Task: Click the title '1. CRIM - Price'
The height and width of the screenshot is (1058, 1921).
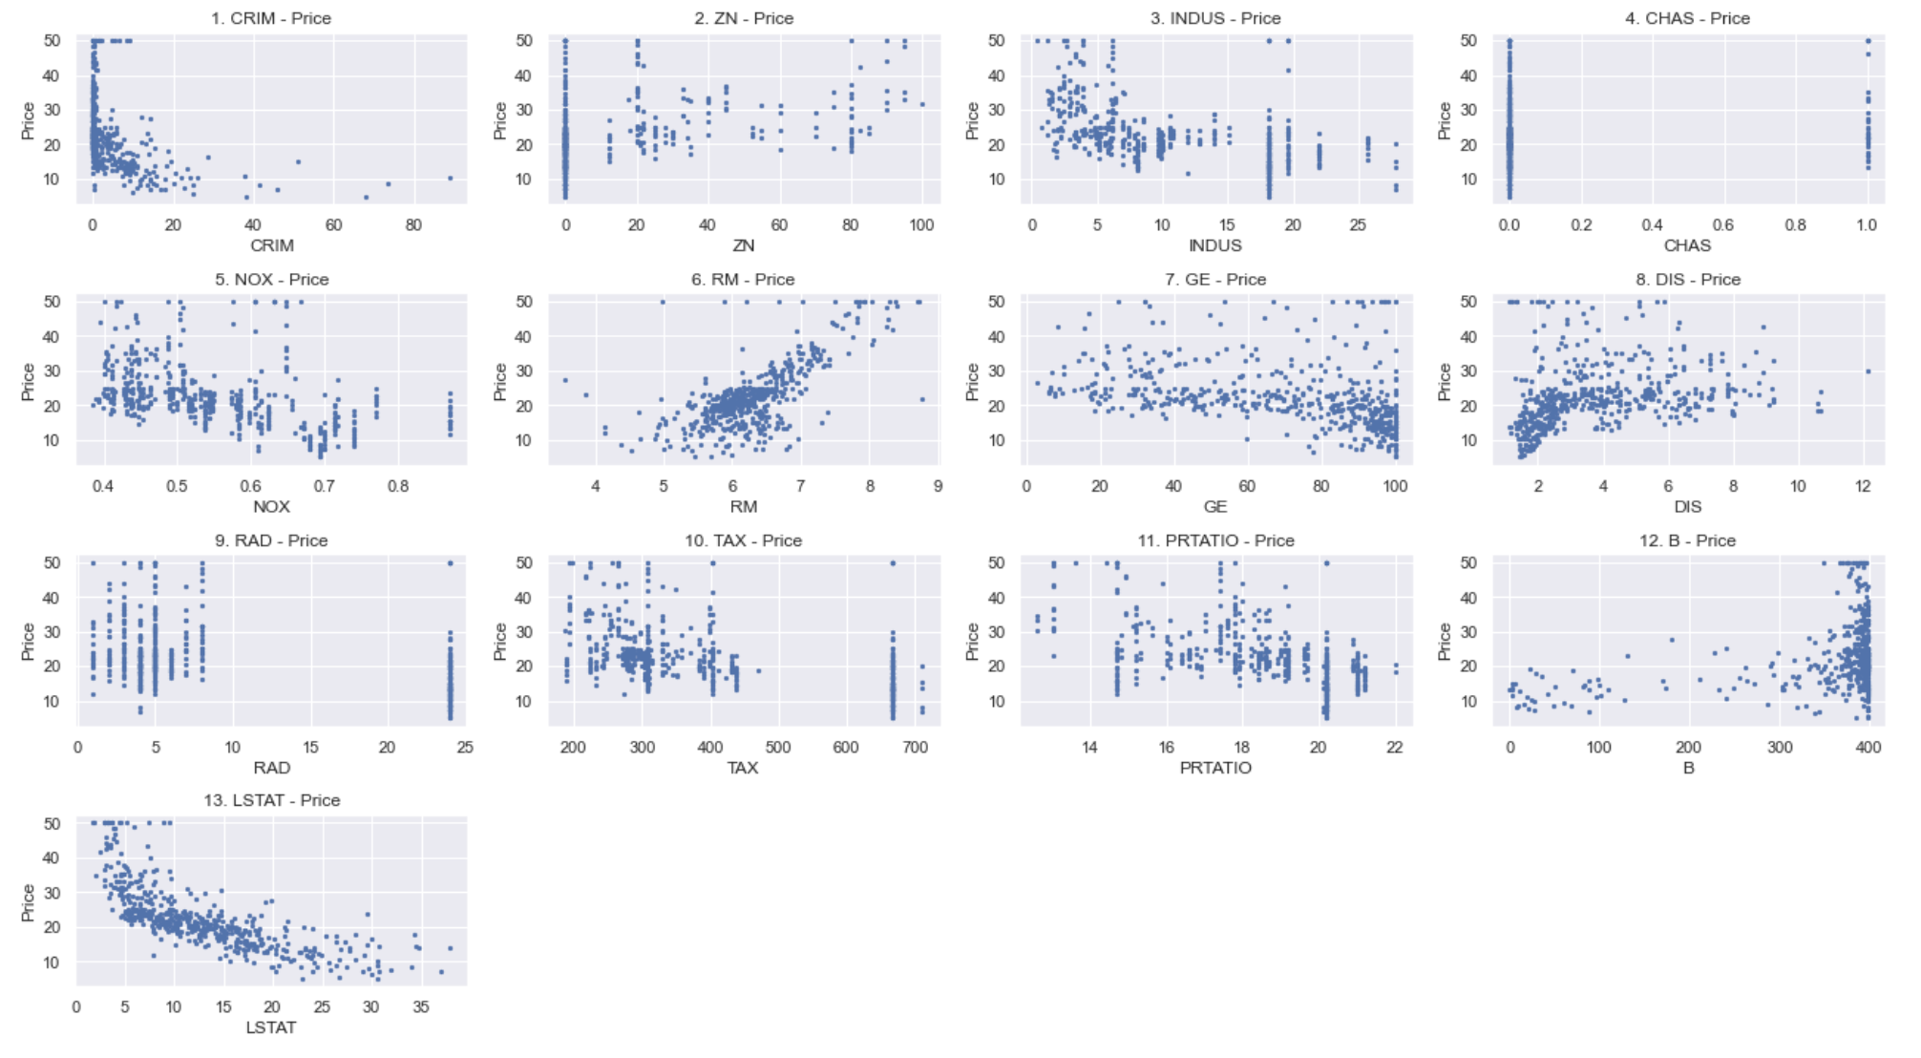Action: pyautogui.click(x=271, y=18)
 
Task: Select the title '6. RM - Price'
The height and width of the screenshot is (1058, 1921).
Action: pyautogui.click(x=743, y=279)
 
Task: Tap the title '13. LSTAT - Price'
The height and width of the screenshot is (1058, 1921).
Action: pyautogui.click(x=271, y=800)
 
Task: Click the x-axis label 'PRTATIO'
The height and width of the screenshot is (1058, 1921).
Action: pyautogui.click(x=1215, y=768)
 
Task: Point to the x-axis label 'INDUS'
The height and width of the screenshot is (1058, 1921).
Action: pyautogui.click(x=1215, y=245)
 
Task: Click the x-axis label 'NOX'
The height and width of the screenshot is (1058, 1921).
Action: pyautogui.click(x=271, y=506)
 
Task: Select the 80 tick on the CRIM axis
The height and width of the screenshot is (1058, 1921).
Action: pyautogui.click(x=413, y=225)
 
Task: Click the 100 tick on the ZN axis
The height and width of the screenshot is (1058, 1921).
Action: pyautogui.click(x=921, y=225)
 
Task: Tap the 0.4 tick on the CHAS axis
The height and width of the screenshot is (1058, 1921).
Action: pyautogui.click(x=1652, y=225)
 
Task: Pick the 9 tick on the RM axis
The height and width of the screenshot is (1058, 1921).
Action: pyautogui.click(x=938, y=486)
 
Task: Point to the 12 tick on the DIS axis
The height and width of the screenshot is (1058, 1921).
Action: pyautogui.click(x=1863, y=486)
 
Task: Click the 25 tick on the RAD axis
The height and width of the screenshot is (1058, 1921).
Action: pyautogui.click(x=465, y=748)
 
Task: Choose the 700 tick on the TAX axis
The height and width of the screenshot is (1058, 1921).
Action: pyautogui.click(x=915, y=748)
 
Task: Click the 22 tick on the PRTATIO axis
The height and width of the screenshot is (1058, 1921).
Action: pyautogui.click(x=1395, y=748)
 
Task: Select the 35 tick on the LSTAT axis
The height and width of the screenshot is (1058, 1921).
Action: pyautogui.click(x=421, y=1007)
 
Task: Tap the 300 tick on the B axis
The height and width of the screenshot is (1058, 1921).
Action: pyautogui.click(x=1780, y=748)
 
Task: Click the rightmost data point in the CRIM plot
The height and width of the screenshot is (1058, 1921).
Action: pyautogui.click(x=450, y=178)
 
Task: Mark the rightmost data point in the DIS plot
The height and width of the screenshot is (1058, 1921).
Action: pyautogui.click(x=1868, y=371)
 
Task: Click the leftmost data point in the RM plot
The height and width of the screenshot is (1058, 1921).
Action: pyautogui.click(x=564, y=380)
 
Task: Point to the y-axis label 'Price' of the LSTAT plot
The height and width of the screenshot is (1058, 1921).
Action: pyautogui.click(x=28, y=902)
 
